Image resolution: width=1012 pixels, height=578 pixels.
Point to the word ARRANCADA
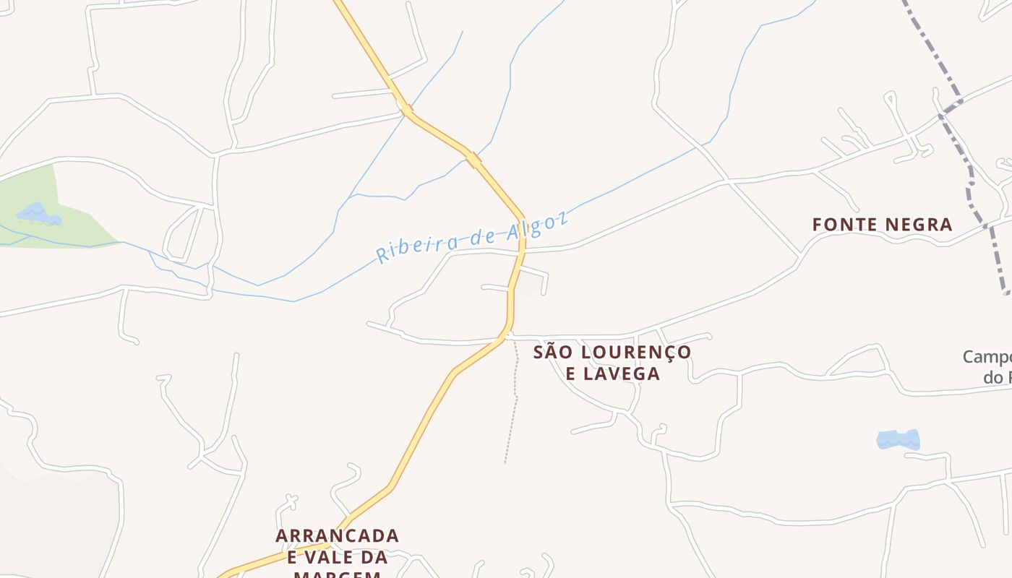tap(337, 536)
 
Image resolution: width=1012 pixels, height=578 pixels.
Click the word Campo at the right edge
tap(987, 357)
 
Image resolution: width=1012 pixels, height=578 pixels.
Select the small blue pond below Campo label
tap(898, 439)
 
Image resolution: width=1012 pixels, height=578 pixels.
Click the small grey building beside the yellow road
tap(532, 283)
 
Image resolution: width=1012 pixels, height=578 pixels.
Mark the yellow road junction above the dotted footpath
tap(508, 335)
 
